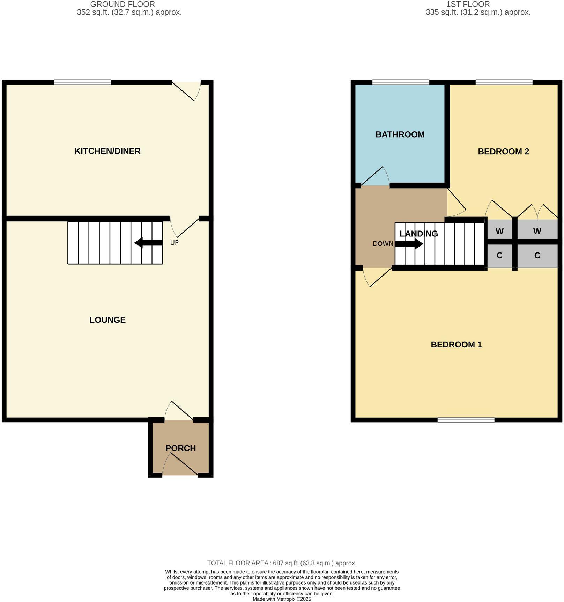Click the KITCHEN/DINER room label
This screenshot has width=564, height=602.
(x=107, y=151)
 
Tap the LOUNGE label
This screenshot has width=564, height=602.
(x=107, y=320)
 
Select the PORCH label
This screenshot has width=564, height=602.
(x=180, y=448)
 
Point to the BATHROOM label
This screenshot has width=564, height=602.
(x=400, y=134)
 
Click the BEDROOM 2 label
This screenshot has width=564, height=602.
(x=503, y=152)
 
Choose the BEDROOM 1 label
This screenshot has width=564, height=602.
(x=456, y=345)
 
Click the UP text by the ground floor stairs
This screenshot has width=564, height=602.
(x=175, y=242)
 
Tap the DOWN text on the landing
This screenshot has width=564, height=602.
(x=383, y=244)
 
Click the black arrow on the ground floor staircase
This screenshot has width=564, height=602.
(x=148, y=243)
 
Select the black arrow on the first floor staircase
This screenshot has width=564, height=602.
(x=409, y=244)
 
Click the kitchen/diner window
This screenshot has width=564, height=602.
(x=82, y=82)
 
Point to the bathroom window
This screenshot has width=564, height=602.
(x=401, y=82)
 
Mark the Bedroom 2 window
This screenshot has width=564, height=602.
(x=504, y=82)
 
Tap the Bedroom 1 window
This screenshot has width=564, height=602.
(x=466, y=420)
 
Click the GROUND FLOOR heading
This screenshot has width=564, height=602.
(x=123, y=4)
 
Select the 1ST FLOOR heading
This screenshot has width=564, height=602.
(x=468, y=4)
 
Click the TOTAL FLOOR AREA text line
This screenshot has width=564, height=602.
(x=282, y=563)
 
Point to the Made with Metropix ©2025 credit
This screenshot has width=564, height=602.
(x=282, y=599)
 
